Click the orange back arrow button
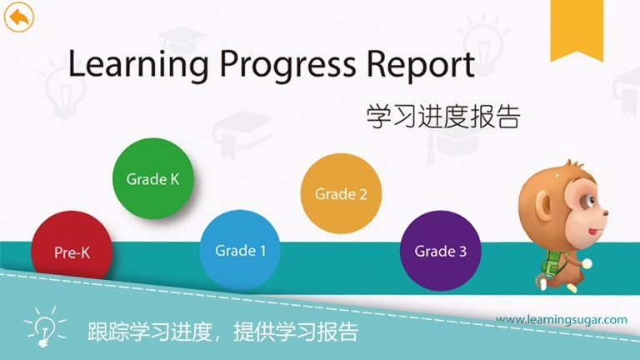(18, 17)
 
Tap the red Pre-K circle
(72, 250)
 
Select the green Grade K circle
(152, 178)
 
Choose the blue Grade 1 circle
(240, 249)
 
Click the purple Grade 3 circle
(441, 250)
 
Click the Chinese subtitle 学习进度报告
(442, 116)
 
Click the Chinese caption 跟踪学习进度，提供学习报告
(222, 332)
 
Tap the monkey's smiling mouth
(592, 230)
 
